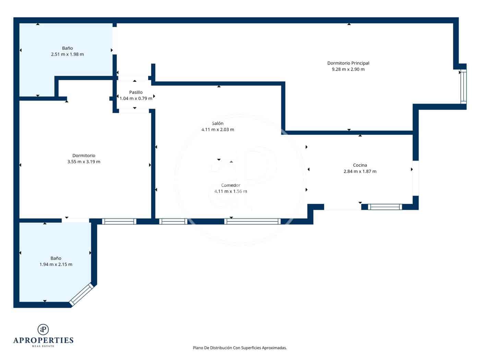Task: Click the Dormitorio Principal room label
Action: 348,63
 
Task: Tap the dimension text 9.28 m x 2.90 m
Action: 348,69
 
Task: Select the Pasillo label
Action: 136,92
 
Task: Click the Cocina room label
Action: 360,165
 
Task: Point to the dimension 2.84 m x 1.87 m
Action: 360,171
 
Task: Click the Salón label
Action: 217,123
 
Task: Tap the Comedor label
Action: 230,185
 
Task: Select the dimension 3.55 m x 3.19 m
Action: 84,162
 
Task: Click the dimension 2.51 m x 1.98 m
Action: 67,54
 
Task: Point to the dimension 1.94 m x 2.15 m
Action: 56,264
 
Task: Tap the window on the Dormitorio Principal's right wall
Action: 463,86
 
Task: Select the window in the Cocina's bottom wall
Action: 385,207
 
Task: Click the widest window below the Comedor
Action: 252,221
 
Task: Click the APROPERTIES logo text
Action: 43,340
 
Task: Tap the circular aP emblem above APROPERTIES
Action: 43,329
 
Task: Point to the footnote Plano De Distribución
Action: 240,348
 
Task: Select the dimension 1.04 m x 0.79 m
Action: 136,98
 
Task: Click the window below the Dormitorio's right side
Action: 119,221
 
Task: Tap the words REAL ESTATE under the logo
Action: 43,346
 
